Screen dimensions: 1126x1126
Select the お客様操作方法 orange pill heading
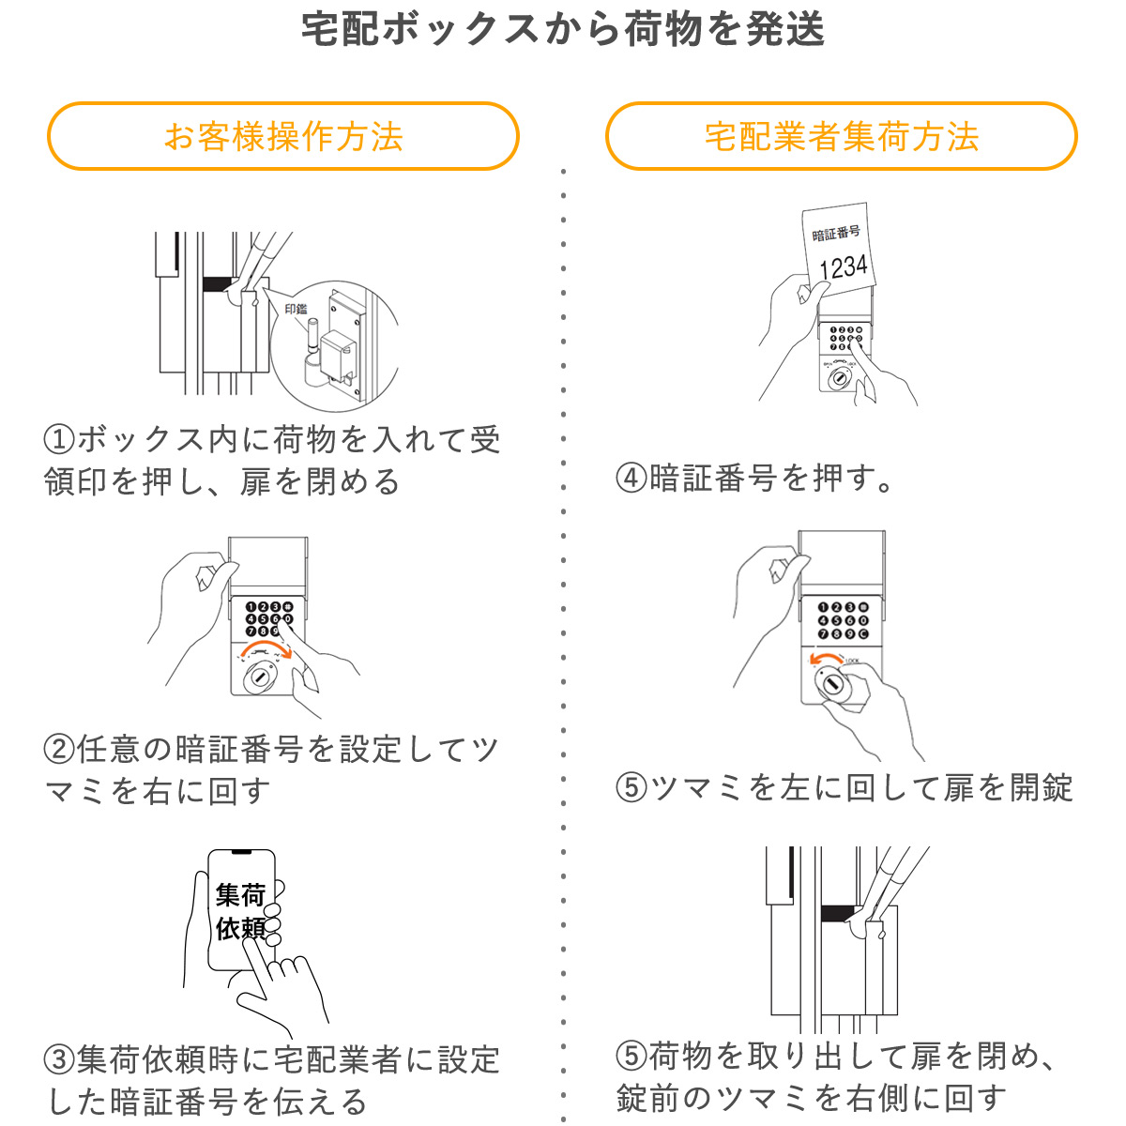coord(282,137)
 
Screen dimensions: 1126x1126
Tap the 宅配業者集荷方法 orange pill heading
coord(841,137)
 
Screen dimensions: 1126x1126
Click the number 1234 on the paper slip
coord(843,266)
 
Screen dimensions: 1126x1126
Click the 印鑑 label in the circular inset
coord(296,309)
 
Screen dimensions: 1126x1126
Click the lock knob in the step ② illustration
coord(259,677)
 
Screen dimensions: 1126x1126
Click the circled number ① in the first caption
coord(59,440)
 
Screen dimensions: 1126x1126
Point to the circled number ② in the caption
coord(59,750)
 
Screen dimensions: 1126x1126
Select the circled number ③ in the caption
coord(59,1060)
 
